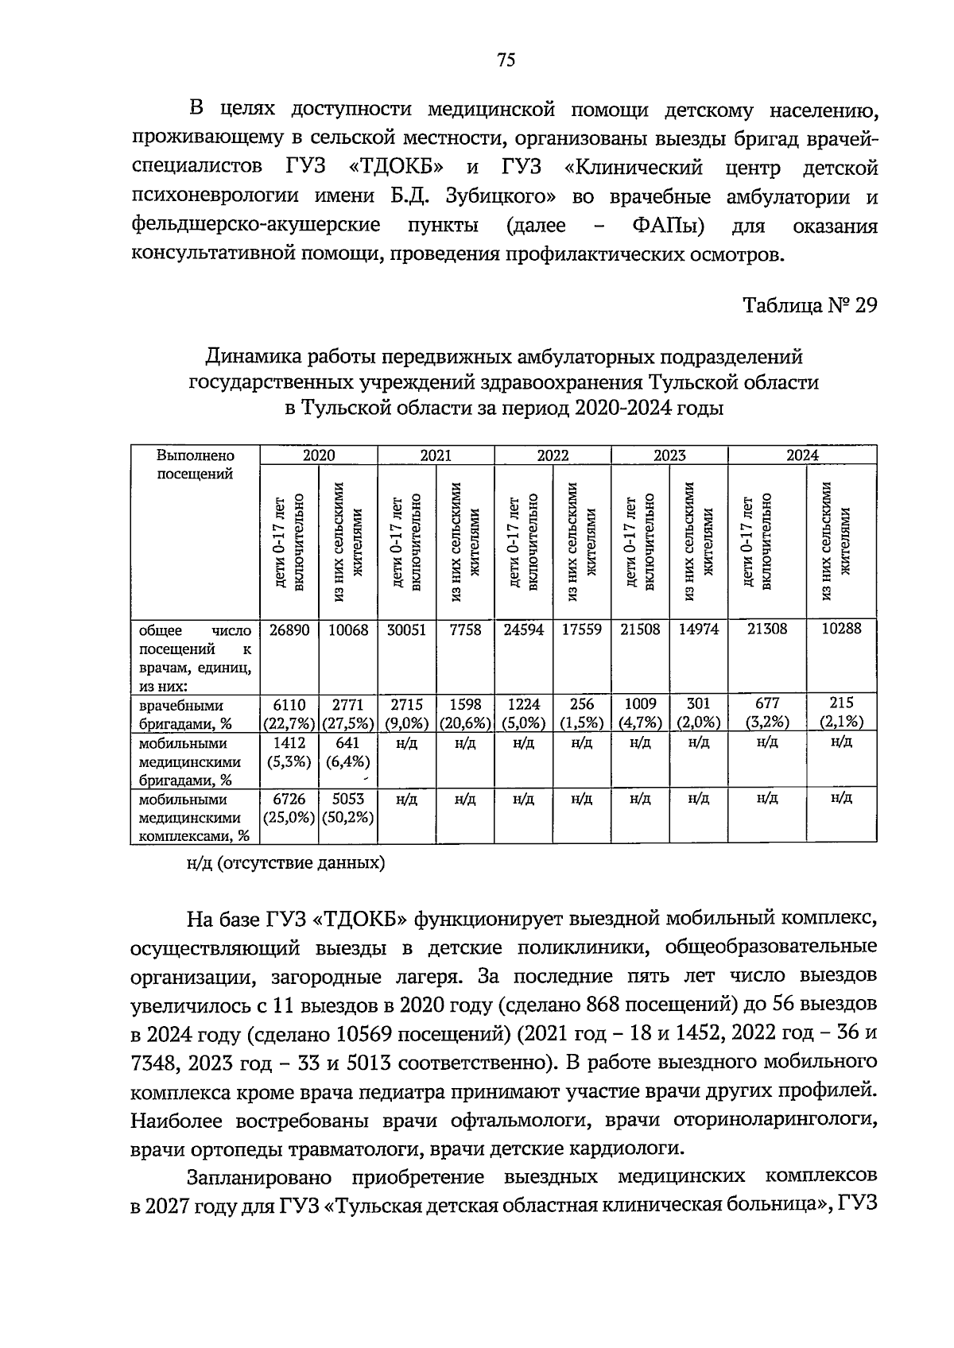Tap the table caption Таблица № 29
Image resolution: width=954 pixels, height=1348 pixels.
809,306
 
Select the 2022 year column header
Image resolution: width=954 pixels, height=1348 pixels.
553,455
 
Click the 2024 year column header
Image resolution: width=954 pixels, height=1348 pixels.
802,455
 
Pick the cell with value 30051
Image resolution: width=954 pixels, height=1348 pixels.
406,630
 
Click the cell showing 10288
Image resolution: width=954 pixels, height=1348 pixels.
841,629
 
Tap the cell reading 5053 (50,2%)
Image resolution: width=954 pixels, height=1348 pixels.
347,808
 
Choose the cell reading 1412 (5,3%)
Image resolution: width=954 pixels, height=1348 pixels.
289,752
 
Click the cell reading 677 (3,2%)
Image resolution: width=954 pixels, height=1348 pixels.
767,713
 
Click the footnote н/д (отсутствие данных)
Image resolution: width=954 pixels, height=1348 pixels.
285,864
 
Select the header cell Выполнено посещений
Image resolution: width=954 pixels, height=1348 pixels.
196,465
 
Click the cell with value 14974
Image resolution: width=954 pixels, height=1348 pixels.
698,630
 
